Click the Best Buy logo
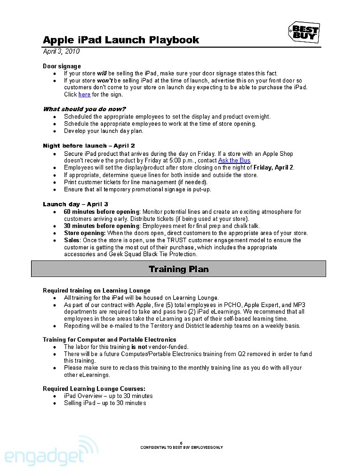[304, 32]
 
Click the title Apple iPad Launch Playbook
[121, 40]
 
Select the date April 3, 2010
[61, 51]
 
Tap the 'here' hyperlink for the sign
[84, 95]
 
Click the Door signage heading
[62, 66]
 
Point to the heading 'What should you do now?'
[84, 109]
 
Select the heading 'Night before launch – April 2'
[89, 146]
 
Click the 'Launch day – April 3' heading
[75, 204]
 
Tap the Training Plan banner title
[178, 269]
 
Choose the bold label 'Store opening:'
[85, 233]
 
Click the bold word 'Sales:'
[72, 240]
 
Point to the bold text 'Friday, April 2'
[273, 168]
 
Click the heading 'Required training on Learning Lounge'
[96, 291]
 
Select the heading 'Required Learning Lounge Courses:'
[94, 389]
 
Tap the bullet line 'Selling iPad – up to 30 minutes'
[105, 403]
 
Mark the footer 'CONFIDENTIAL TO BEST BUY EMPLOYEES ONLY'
[181, 447]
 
